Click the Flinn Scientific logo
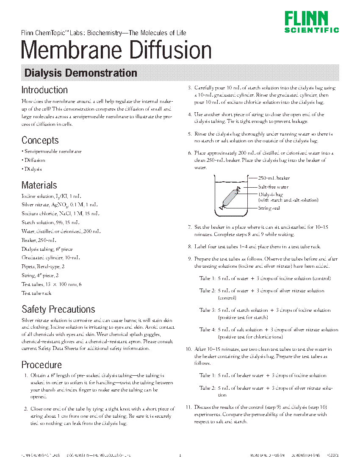click(x=311, y=22)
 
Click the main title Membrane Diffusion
click(x=116, y=50)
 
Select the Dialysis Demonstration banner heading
click(x=80, y=73)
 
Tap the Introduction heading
click(x=44, y=90)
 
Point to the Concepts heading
click(x=40, y=140)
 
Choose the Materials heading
click(x=39, y=185)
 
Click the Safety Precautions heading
click(x=58, y=309)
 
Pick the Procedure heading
click(x=42, y=365)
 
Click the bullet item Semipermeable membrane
click(x=53, y=151)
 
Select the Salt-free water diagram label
click(x=273, y=187)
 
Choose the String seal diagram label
click(x=269, y=208)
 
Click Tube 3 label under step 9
click(x=208, y=310)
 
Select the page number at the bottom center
click(x=180, y=455)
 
